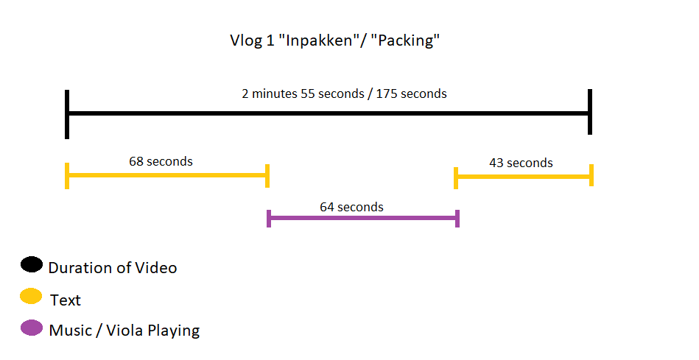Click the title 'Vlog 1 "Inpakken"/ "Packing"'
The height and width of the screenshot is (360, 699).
pos(335,40)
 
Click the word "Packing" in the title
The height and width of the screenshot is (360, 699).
pos(406,40)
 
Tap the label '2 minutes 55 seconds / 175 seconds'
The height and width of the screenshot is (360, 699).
pos(344,93)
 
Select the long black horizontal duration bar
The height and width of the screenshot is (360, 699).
pos(329,113)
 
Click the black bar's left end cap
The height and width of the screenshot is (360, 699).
pos(67,114)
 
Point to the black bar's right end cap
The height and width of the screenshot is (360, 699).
pos(590,111)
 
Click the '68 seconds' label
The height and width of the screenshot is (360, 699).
pos(161,161)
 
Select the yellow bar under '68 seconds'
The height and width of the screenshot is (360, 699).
pos(167,175)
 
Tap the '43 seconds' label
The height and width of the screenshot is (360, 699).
pos(521,163)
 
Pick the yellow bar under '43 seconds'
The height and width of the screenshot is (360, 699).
pos(524,177)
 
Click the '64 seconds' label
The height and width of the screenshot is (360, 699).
pos(352,207)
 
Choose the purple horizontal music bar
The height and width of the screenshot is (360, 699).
pos(363,218)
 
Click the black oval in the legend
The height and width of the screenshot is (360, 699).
pos(32,264)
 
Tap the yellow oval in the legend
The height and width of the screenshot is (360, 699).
pos(31,296)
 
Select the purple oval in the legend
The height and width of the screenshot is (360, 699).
pos(32,328)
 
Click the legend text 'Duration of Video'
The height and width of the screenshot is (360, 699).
pos(113,268)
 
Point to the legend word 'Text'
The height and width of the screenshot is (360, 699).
pos(66,300)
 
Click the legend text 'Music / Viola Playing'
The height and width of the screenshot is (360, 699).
pos(124,331)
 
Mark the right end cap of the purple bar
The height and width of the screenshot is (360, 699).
pos(457,219)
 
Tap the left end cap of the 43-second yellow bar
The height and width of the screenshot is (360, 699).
pos(456,177)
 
